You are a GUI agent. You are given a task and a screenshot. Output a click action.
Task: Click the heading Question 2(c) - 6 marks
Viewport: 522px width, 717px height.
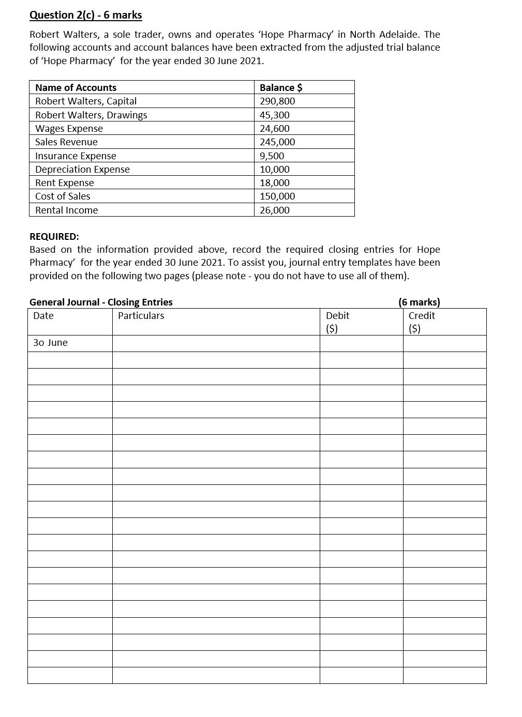(x=85, y=15)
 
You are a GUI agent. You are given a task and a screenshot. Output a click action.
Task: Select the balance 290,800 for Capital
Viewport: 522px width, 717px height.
(x=277, y=101)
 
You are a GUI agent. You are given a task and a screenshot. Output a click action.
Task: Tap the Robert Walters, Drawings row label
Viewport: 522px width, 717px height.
(x=91, y=115)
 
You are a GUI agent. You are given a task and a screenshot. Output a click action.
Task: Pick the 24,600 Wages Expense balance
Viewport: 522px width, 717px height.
(x=275, y=128)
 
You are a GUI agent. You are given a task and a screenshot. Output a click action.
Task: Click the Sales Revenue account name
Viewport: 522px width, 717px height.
(x=66, y=142)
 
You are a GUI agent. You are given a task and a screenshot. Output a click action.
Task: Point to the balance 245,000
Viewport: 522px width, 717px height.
(x=277, y=142)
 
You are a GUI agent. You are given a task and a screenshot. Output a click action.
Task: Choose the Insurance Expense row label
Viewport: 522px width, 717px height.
(x=76, y=156)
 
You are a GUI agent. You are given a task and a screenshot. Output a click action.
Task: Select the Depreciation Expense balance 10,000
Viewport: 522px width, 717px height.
(x=275, y=169)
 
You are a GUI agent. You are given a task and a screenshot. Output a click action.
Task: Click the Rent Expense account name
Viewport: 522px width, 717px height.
(x=65, y=182)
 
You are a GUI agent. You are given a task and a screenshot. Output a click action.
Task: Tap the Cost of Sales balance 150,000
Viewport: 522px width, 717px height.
(x=277, y=196)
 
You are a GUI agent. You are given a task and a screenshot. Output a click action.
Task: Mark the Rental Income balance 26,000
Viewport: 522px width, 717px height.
(x=275, y=210)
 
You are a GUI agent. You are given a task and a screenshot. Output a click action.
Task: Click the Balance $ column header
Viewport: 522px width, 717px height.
(x=281, y=87)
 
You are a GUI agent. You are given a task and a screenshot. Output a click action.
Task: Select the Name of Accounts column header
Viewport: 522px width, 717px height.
(x=76, y=87)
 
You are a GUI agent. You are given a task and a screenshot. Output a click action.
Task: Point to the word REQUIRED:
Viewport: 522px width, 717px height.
(x=54, y=236)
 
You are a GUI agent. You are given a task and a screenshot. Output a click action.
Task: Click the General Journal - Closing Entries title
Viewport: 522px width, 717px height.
(x=101, y=302)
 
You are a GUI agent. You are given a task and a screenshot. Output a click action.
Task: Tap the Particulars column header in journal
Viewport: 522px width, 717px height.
(x=141, y=315)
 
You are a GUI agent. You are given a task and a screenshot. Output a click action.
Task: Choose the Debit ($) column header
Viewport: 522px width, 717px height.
(x=337, y=322)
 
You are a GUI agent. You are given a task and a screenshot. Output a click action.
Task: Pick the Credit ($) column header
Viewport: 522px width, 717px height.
(x=421, y=322)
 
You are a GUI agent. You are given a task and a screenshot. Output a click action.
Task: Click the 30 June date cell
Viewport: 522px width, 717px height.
(x=50, y=343)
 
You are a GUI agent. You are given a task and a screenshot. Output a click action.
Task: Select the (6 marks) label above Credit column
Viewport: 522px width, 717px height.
(x=419, y=302)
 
